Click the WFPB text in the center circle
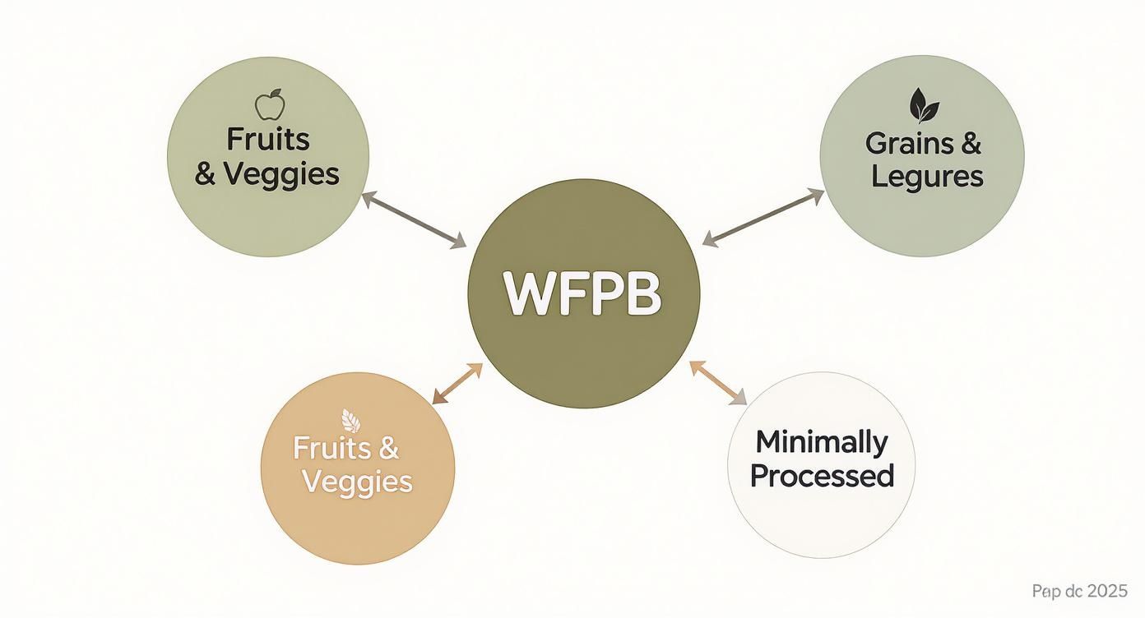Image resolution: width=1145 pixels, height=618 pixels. tap(583, 293)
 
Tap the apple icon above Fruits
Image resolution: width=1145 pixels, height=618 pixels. tap(269, 106)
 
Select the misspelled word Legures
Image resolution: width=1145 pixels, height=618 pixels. tap(927, 176)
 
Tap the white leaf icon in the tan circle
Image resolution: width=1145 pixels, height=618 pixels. tap(351, 420)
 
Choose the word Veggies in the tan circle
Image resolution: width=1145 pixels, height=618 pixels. tap(357, 482)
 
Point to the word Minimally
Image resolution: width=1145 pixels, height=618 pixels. tap(822, 442)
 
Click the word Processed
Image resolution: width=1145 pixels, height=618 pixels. tap(822, 475)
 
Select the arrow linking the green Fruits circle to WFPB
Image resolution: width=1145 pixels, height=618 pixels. tap(414, 219)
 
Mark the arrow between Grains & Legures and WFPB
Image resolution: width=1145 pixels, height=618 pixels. tap(763, 217)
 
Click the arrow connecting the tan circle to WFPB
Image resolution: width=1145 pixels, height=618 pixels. tap(457, 384)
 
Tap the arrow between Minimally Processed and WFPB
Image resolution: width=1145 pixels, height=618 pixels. tap(718, 383)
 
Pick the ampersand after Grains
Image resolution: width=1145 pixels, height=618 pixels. tap(971, 144)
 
